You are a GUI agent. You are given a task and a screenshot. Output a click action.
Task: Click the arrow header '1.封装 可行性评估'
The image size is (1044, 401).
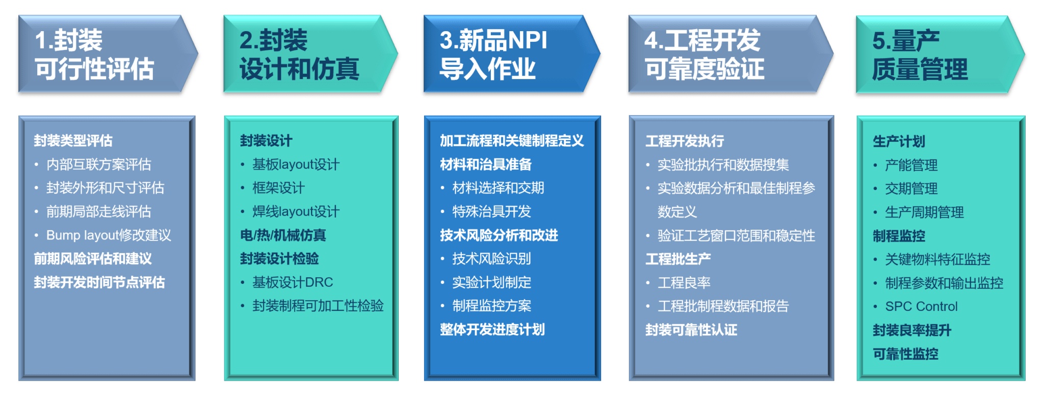pyautogui.click(x=108, y=54)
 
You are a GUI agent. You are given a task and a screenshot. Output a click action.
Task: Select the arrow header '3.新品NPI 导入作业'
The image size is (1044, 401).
pyautogui.click(x=512, y=54)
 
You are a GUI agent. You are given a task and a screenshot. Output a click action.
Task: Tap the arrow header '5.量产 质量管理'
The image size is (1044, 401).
pyautogui.click(x=941, y=54)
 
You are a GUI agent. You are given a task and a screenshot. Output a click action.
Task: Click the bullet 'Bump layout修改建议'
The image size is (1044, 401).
pyautogui.click(x=109, y=235)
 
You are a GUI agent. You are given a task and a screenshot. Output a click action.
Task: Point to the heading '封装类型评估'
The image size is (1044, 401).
pyautogui.click(x=73, y=141)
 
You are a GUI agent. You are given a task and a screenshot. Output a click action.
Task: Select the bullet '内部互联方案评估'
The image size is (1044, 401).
pyautogui.click(x=99, y=164)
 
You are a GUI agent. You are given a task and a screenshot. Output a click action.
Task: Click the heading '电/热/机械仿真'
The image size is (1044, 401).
pyautogui.click(x=283, y=235)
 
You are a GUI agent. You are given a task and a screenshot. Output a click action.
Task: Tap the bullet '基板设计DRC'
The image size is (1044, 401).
pyautogui.click(x=293, y=282)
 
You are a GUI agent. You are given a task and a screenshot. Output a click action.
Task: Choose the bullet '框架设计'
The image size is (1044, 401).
pyautogui.click(x=278, y=188)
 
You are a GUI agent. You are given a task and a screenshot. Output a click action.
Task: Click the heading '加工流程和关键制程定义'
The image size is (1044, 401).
pyautogui.click(x=512, y=141)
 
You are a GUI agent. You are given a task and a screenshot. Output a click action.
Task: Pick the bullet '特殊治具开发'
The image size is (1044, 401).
pyautogui.click(x=491, y=211)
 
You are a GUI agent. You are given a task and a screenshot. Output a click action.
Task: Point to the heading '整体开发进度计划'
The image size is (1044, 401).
pyautogui.click(x=492, y=329)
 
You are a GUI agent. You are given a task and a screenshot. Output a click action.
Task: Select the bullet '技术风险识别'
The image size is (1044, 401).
pyautogui.click(x=491, y=258)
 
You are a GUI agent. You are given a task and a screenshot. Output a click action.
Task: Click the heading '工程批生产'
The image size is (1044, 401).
pyautogui.click(x=678, y=259)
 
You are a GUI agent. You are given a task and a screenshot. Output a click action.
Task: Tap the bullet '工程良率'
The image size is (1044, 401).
pyautogui.click(x=684, y=282)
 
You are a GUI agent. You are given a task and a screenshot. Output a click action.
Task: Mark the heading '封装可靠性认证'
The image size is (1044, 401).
pyautogui.click(x=691, y=330)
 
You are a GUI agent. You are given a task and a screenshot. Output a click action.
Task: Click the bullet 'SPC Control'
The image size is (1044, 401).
pyautogui.click(x=921, y=306)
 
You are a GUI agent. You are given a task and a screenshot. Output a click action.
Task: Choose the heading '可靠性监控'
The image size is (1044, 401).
pyautogui.click(x=905, y=354)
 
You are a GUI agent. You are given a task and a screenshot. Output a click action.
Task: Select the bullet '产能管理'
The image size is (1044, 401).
pyautogui.click(x=911, y=165)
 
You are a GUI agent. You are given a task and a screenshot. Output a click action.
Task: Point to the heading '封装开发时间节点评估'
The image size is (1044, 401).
pyautogui.click(x=99, y=282)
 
